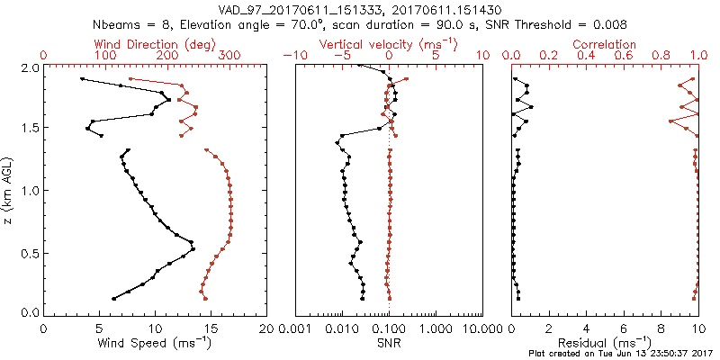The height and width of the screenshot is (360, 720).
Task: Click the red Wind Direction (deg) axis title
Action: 156,44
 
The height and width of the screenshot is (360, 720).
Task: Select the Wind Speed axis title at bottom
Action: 156,342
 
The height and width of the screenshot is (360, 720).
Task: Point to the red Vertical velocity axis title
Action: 389,44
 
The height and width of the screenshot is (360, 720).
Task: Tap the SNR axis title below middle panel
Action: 389,342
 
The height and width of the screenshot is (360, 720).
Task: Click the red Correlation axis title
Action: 605,44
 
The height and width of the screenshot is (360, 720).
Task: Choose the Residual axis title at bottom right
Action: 605,342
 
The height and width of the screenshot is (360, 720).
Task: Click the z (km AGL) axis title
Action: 10,189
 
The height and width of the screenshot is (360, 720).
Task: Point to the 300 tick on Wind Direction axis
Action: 229,56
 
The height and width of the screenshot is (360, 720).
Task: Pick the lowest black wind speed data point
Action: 113,299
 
